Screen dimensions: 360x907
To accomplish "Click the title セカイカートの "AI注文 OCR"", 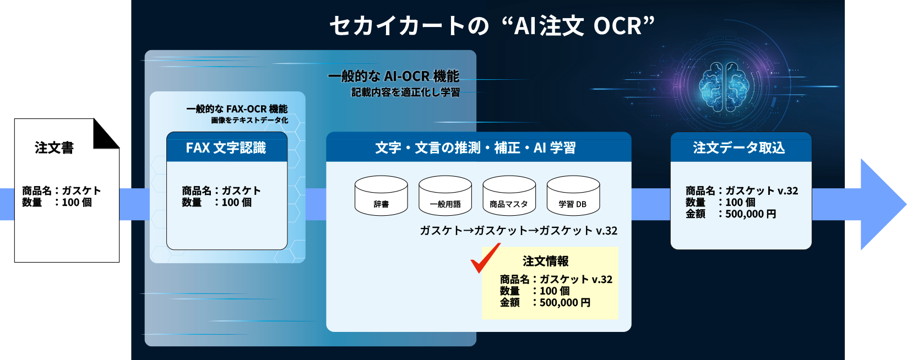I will pos(492,26).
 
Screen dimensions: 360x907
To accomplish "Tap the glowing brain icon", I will pos(726,86).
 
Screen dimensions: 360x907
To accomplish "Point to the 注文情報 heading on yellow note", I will pos(545,261).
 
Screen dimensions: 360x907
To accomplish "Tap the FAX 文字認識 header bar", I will pos(226,148).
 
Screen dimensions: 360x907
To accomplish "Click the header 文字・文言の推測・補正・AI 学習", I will pos(476,148).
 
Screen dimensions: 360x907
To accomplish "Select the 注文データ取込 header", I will pos(739,148).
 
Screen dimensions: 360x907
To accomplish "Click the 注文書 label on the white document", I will pos(54,148).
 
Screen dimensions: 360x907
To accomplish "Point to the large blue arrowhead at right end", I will pos(881,205).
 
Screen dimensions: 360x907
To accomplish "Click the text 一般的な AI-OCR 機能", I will pos(393,76).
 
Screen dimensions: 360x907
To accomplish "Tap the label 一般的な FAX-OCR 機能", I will pos(237,109).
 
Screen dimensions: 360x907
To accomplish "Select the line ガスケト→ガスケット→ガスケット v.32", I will pos(518,231).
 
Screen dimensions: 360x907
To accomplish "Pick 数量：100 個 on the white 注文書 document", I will pos(57,203).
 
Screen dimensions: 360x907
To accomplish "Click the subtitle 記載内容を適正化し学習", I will pos(405,92).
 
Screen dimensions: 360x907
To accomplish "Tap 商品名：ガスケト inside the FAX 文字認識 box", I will pos(221,190).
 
